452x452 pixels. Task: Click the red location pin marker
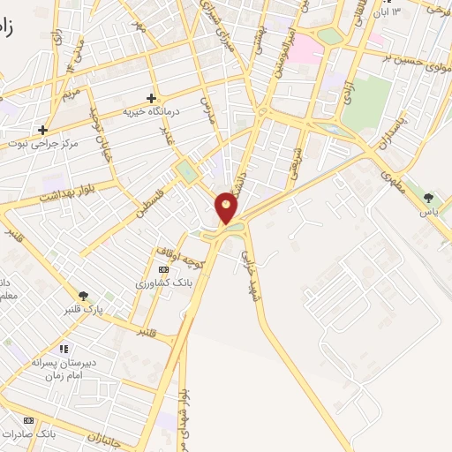pyautogui.click(x=227, y=207)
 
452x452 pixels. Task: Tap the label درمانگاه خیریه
pyautogui.click(x=151, y=112)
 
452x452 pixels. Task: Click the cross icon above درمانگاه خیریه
pyautogui.click(x=151, y=98)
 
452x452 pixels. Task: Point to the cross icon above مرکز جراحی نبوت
pyautogui.click(x=41, y=130)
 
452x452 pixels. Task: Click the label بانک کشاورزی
pyautogui.click(x=162, y=284)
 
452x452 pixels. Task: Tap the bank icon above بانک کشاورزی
pyautogui.click(x=162, y=269)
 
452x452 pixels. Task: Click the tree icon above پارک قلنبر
pyautogui.click(x=84, y=297)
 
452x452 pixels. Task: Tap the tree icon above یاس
pyautogui.click(x=428, y=197)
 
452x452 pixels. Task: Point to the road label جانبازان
pyautogui.click(x=106, y=436)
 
